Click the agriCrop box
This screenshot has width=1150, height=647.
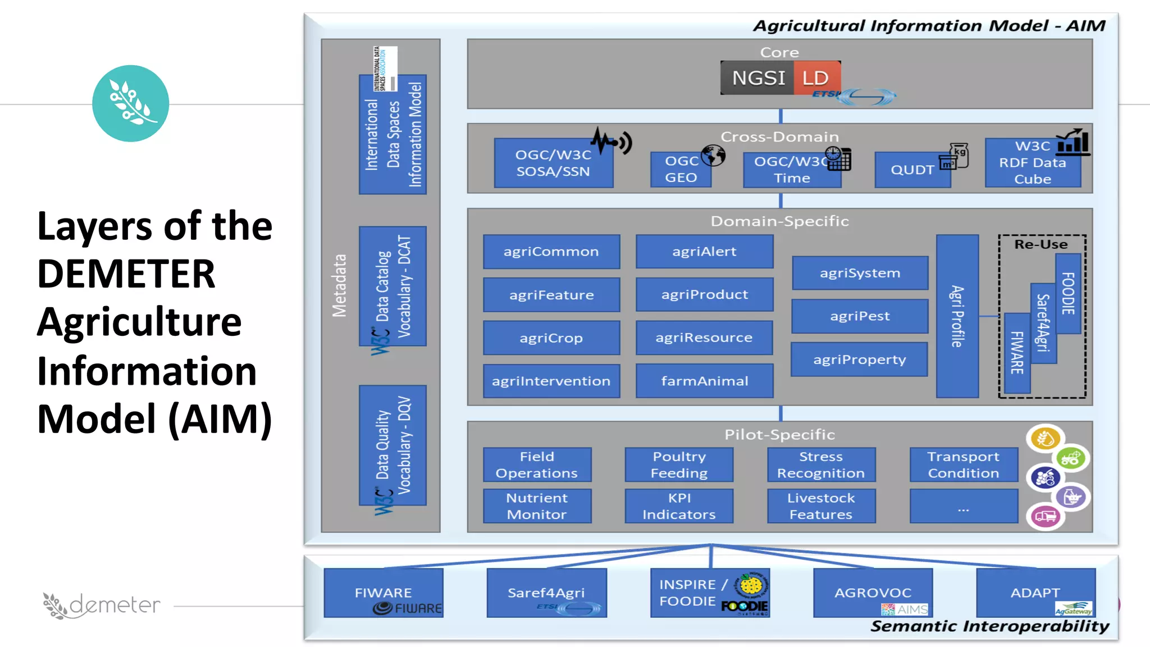551,338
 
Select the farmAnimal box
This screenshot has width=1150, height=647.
704,381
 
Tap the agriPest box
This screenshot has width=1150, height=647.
859,316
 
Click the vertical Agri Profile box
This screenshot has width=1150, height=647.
957,316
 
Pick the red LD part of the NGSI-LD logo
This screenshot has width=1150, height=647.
816,78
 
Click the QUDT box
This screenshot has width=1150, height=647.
912,170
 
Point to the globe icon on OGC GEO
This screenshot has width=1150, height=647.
713,155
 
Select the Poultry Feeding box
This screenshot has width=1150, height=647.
678,464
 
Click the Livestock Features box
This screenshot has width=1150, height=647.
820,506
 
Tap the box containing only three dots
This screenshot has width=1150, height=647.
963,506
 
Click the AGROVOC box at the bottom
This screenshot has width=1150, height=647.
872,593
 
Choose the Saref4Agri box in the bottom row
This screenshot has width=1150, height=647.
546,593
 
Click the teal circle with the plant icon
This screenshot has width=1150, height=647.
130,103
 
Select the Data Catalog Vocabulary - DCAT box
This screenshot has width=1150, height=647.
393,286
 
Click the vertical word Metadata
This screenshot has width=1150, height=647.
339,286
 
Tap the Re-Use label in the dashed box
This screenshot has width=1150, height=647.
1041,244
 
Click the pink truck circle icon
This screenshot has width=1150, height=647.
1045,516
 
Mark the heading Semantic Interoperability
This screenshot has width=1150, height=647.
989,626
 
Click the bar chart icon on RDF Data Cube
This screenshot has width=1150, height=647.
1073,143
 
